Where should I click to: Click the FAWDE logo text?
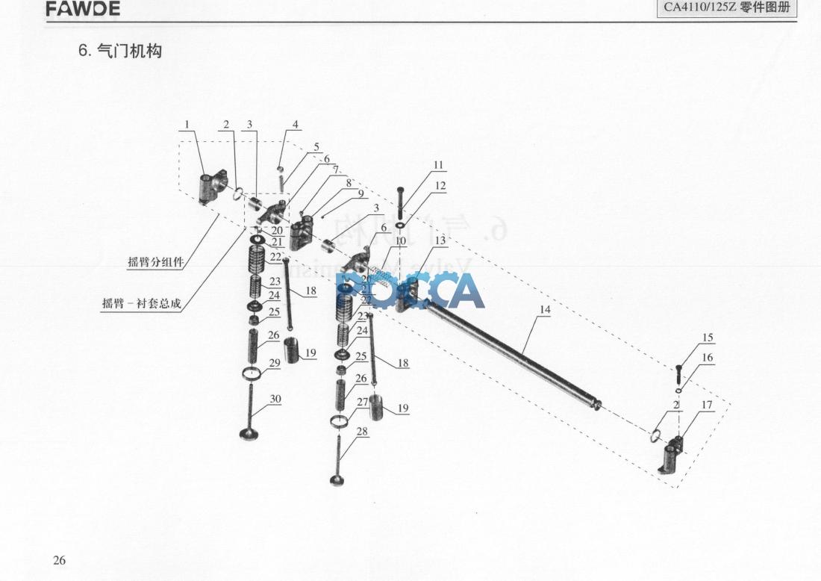(x=83, y=10)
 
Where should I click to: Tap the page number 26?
(x=60, y=561)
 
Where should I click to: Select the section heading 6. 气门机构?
(x=120, y=51)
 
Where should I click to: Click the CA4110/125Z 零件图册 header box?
(x=726, y=8)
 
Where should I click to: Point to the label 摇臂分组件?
(x=155, y=261)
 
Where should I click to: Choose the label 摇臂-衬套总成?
(x=141, y=304)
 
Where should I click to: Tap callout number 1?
(x=187, y=125)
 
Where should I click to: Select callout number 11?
(x=438, y=165)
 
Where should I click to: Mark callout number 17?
(x=707, y=406)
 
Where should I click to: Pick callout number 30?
(x=275, y=399)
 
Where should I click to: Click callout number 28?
(x=363, y=432)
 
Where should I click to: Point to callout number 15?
(x=708, y=338)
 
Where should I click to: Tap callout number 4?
(x=296, y=125)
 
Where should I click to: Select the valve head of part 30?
(x=249, y=434)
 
